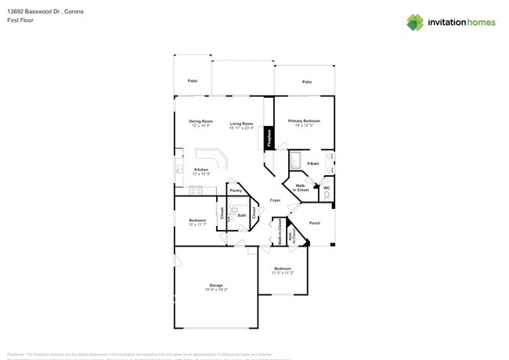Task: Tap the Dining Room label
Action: [200, 121]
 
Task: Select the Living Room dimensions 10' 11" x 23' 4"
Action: [242, 128]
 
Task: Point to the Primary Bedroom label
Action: [304, 121]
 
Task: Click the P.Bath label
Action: [312, 163]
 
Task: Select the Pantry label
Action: [235, 190]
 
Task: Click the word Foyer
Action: [275, 200]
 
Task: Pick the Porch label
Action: [314, 223]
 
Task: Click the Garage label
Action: [216, 285]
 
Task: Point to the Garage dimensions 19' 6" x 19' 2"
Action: [216, 290]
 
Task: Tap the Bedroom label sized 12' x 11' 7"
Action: [197, 221]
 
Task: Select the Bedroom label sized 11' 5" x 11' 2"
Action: [282, 268]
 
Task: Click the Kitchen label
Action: [202, 170]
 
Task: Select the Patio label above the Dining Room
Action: [192, 81]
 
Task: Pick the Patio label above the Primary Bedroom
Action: [307, 81]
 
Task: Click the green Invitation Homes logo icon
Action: [415, 22]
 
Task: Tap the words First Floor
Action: [20, 21]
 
